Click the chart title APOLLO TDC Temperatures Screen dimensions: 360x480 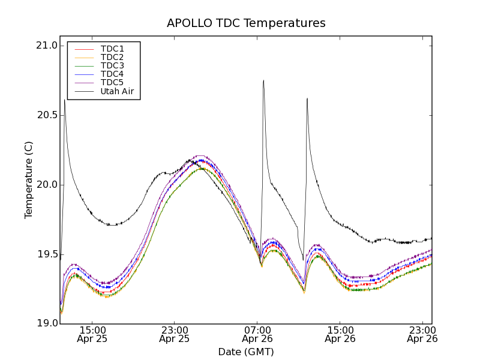(246, 23)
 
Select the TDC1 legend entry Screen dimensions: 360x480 (112, 49)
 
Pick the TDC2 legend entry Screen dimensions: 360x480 (112, 57)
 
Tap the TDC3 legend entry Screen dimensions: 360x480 (112, 65)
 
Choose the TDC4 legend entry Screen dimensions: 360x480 (112, 74)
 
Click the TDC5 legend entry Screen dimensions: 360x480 (112, 82)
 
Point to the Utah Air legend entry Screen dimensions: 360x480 (117, 92)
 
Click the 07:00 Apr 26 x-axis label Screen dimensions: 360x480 (257, 334)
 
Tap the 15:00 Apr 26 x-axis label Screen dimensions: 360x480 (340, 334)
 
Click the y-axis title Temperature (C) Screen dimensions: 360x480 (29, 180)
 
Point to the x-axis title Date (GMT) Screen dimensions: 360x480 (246, 352)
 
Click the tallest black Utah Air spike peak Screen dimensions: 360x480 (263, 80)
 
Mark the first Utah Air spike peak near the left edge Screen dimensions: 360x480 (64, 100)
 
